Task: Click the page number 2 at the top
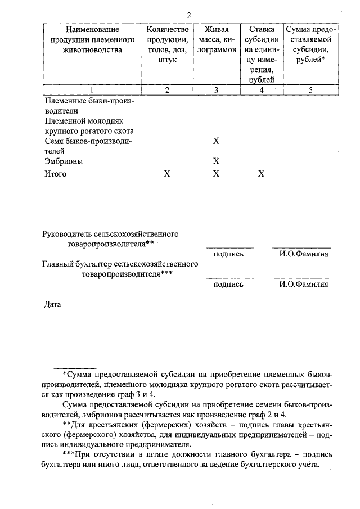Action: (x=190, y=15)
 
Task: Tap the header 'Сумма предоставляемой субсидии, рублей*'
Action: (x=308, y=44)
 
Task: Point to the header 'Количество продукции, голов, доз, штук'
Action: (x=167, y=44)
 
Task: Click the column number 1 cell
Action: (x=92, y=90)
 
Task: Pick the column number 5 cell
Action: (x=308, y=90)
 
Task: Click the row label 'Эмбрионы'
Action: (x=64, y=161)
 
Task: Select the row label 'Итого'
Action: (x=55, y=174)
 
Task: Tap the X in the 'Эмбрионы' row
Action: (x=216, y=161)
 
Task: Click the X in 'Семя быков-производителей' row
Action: (x=216, y=141)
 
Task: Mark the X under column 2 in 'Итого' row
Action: (x=166, y=174)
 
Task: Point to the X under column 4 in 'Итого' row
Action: (x=261, y=174)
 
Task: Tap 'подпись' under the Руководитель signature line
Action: (x=228, y=254)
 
